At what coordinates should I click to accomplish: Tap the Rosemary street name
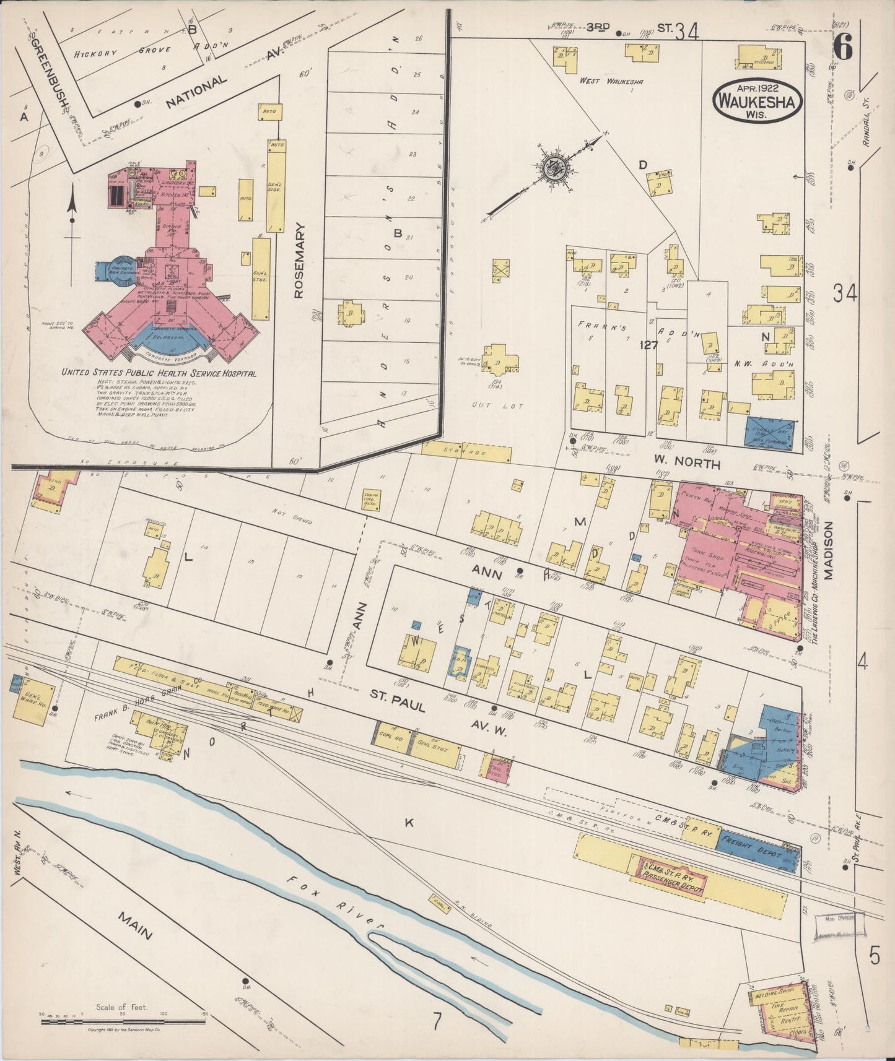[300, 261]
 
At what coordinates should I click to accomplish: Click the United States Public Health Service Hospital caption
[158, 374]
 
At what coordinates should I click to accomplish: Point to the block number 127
[648, 346]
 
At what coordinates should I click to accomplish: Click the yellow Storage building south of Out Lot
[468, 453]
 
